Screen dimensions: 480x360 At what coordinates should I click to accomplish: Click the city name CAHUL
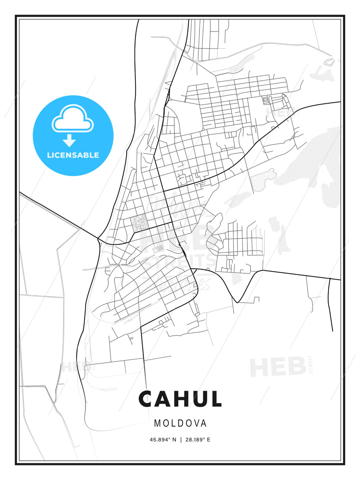180,399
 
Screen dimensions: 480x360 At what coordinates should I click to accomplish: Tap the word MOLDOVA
180,423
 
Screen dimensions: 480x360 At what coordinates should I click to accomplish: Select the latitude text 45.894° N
163,440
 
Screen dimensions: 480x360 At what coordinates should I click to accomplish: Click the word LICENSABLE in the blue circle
73,155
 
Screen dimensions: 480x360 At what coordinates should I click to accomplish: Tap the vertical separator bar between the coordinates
181,440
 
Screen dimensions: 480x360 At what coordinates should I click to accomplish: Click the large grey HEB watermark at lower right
278,367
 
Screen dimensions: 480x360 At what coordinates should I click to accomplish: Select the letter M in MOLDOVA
158,423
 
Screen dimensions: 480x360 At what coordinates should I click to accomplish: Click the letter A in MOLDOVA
203,423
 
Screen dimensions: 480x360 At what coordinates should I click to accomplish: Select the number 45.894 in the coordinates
158,440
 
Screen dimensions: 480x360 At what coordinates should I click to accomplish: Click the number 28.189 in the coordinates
193,440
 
